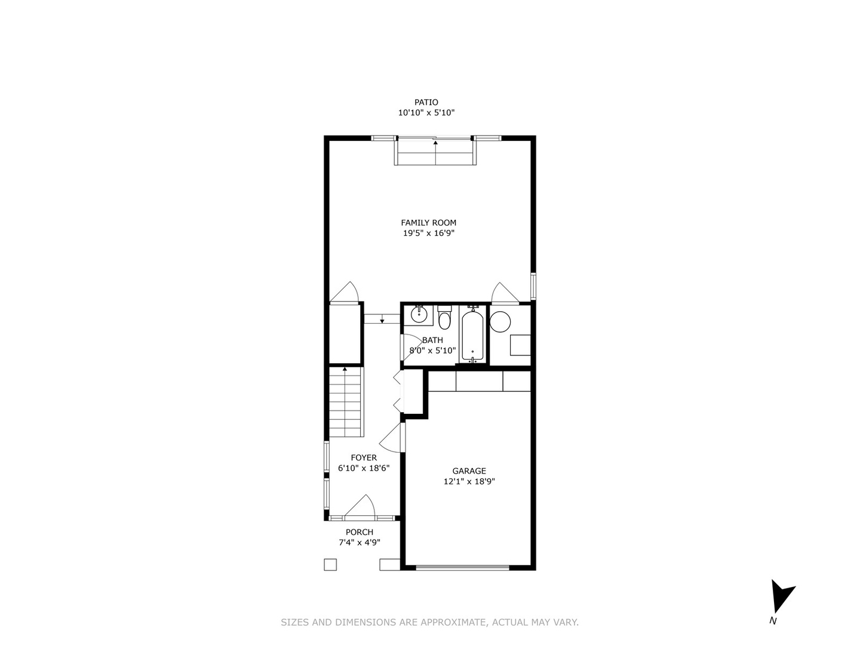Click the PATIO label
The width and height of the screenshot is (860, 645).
click(426, 102)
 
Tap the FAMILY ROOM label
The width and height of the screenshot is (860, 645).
click(428, 223)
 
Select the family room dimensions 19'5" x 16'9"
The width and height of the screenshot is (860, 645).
click(428, 234)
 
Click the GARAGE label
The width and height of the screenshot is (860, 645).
click(469, 471)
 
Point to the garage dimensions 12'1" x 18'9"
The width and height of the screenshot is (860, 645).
click(469, 481)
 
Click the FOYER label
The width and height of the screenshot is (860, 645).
click(364, 457)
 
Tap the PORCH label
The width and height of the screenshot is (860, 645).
click(360, 532)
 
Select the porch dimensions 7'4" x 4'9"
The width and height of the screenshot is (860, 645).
click(360, 543)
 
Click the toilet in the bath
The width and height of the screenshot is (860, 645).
click(444, 320)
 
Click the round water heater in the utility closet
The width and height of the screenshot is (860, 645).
click(500, 322)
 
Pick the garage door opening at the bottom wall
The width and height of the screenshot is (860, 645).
click(463, 567)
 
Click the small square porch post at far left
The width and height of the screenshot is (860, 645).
click(330, 564)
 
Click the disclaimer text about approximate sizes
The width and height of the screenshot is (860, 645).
click(429, 622)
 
